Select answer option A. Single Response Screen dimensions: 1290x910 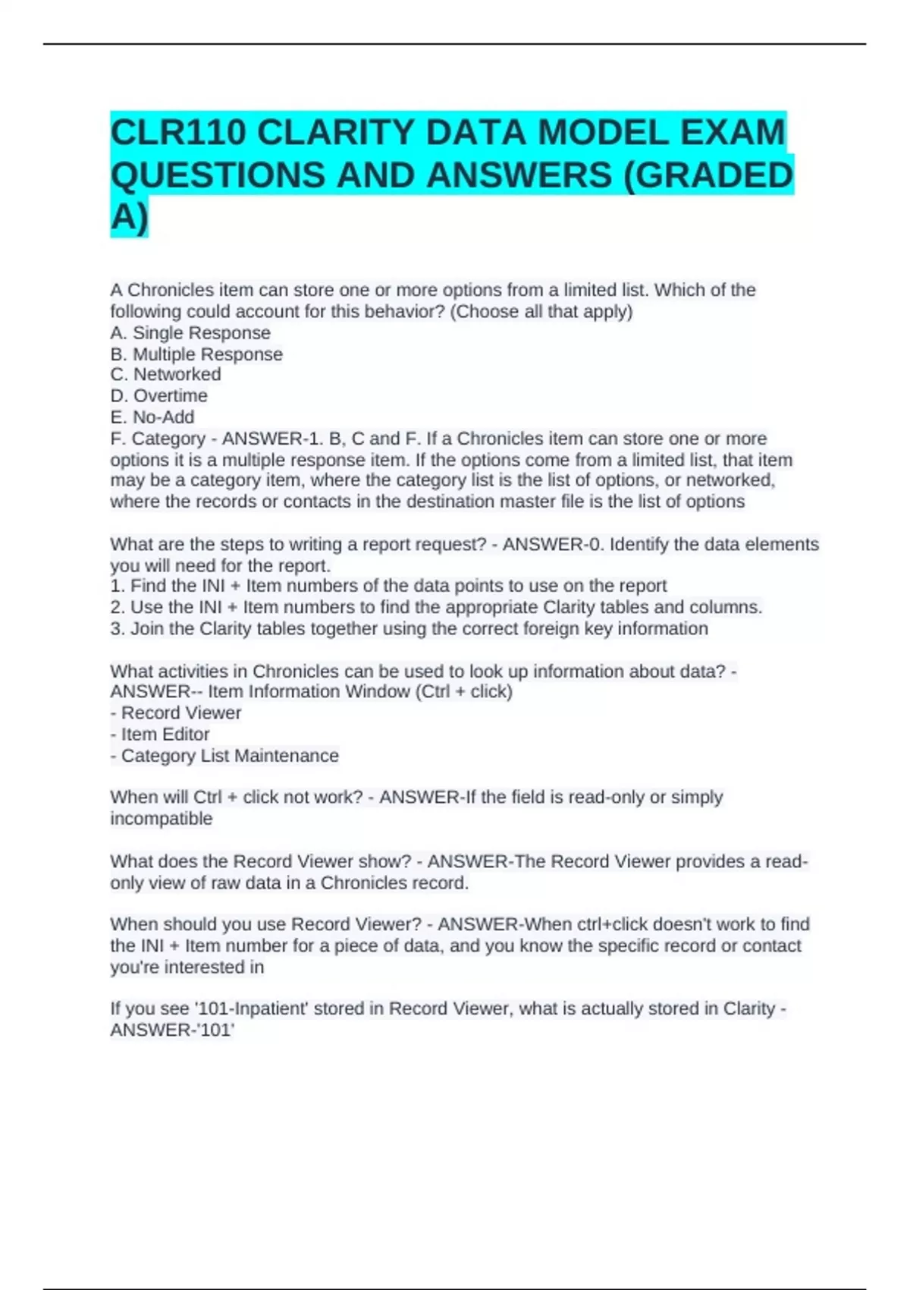coord(190,333)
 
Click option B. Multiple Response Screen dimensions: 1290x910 coord(196,354)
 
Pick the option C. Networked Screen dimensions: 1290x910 coord(166,375)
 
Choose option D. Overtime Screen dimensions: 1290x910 coord(159,396)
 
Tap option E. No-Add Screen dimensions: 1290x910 coord(152,417)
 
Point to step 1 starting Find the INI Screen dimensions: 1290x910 coord(388,586)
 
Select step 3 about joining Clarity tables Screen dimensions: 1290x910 coord(409,628)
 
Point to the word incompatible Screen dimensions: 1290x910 coord(161,819)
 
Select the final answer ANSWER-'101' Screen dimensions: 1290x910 coord(172,1030)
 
